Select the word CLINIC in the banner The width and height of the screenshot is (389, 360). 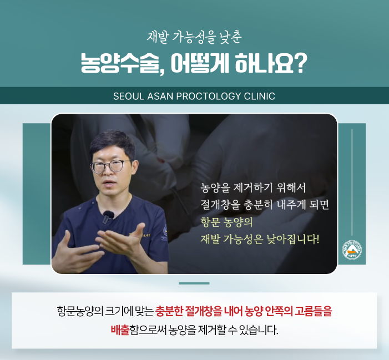260,96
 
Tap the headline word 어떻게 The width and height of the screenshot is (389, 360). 200,63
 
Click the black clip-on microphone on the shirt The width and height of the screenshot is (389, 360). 108,217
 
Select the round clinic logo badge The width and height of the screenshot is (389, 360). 352,250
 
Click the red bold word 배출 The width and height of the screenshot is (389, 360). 120,330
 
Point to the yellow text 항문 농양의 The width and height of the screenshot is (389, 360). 226,222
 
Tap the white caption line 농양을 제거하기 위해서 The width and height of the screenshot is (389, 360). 253,187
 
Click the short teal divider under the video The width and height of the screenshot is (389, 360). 194,283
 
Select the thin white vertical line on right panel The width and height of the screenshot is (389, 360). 352,182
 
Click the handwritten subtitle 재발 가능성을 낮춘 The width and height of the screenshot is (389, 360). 194,38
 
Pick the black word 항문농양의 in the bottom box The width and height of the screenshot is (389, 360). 80,311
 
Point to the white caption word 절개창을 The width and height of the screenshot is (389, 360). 220,205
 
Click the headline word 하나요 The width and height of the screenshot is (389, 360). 265,63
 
